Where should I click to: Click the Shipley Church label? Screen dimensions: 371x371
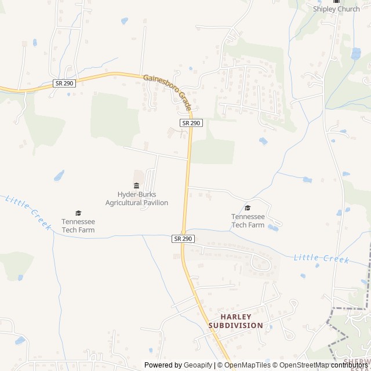336,9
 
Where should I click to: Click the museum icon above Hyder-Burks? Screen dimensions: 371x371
136,185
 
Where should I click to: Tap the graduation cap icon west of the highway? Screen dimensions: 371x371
78,213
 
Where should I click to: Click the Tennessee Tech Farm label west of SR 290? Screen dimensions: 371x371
78,225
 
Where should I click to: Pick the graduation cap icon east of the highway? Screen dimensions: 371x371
248,208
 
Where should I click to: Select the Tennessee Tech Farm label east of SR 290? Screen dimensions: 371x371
248,221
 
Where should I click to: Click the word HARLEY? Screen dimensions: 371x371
235,317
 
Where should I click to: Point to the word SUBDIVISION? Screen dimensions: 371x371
235,325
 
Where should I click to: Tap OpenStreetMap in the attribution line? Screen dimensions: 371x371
300,365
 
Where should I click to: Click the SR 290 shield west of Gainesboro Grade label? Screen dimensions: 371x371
64,83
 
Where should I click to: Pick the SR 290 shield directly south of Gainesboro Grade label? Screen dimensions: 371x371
191,123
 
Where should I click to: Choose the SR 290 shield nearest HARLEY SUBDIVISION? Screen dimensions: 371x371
182,238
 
